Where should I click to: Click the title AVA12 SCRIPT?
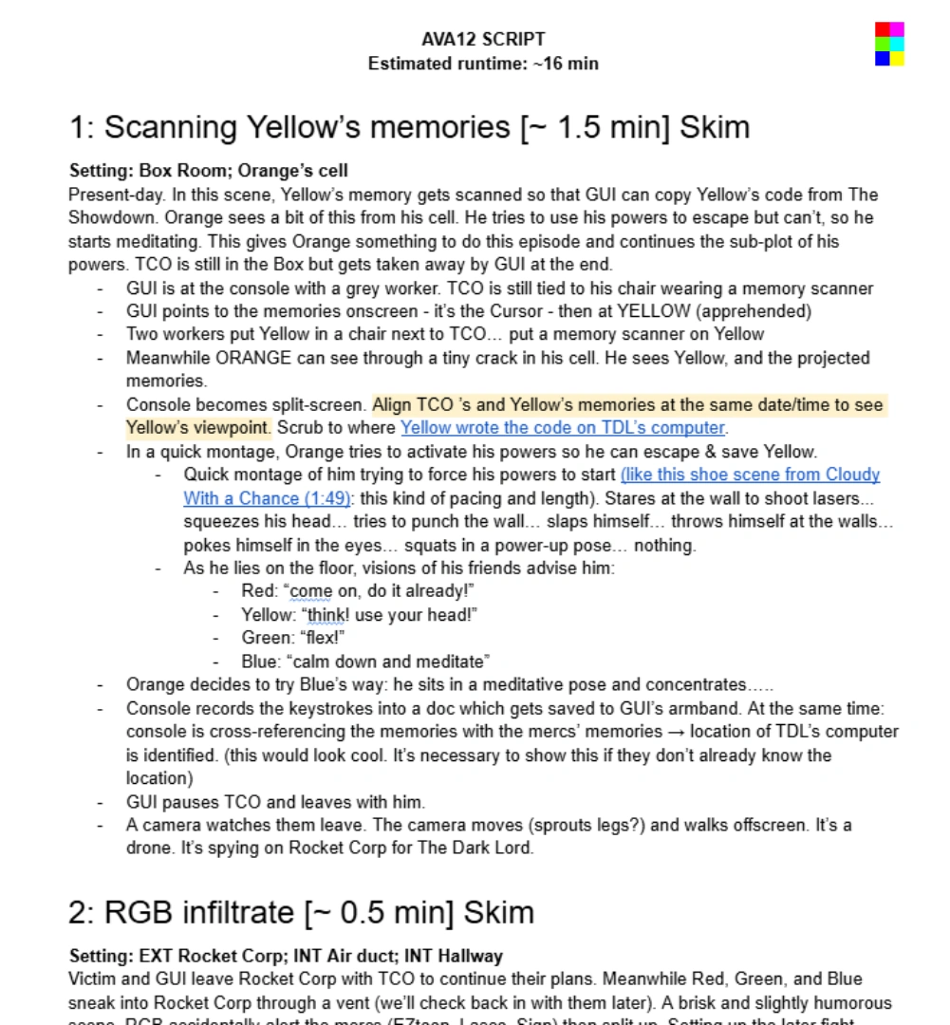(483, 39)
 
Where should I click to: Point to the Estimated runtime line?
(483, 64)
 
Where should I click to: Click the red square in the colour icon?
(882, 29)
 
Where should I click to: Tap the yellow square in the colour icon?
(897, 59)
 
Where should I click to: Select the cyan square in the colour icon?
(897, 44)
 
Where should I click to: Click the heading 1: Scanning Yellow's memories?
(409, 127)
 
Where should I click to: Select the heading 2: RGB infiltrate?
(301, 912)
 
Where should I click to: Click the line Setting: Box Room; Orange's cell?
(209, 171)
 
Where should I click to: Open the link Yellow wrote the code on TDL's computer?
(563, 428)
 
